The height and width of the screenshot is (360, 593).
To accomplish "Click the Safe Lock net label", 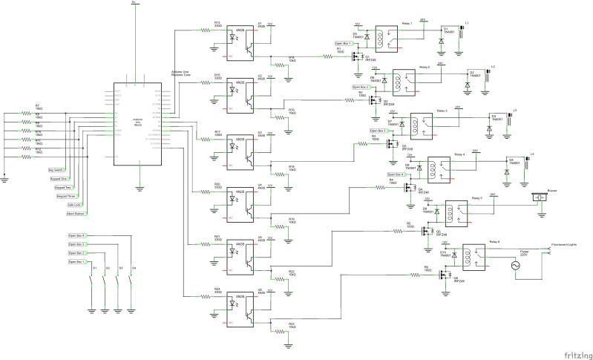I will [x=74, y=204].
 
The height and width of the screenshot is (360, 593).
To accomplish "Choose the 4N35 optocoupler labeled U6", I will [x=239, y=307].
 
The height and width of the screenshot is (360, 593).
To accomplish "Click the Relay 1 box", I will [x=386, y=36].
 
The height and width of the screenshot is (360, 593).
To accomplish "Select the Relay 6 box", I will [x=475, y=255].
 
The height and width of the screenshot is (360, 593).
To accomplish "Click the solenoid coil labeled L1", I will [x=462, y=33].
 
